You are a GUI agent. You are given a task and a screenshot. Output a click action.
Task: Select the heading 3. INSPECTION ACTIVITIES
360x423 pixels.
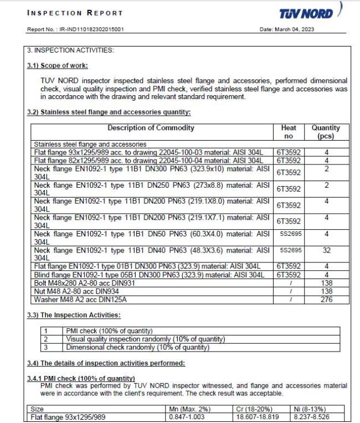point(70,50)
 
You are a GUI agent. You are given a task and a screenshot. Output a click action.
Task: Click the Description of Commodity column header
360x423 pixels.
point(151,128)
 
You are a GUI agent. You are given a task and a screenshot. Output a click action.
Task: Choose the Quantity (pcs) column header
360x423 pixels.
point(326,132)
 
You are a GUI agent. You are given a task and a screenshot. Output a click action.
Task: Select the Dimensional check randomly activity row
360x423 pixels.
point(138,348)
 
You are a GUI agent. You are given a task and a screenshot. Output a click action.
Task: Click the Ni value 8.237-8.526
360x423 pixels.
point(313,417)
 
